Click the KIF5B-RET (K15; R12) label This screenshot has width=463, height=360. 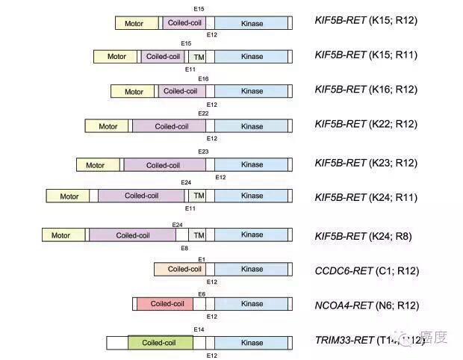(366, 20)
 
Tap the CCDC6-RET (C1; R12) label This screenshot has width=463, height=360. (367, 270)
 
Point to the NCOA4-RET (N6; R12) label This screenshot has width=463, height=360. (367, 305)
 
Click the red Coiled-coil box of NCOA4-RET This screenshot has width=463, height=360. (167, 304)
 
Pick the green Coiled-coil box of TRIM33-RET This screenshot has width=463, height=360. (160, 343)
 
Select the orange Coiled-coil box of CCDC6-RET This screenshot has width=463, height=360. (179, 269)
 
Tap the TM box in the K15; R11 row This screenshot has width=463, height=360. (199, 57)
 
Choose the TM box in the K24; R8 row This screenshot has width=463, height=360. (199, 235)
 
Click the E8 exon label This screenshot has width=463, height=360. (184, 248)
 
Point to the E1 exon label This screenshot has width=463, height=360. (202, 259)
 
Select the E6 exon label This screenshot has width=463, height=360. (202, 294)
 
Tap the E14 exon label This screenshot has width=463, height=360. (199, 329)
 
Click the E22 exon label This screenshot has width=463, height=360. (203, 114)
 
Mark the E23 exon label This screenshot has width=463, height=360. (203, 152)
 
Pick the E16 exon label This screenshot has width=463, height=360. (203, 78)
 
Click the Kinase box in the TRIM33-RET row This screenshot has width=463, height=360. (252, 343)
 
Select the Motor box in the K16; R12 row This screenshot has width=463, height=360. (133, 92)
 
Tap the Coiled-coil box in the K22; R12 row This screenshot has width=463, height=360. (171, 126)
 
